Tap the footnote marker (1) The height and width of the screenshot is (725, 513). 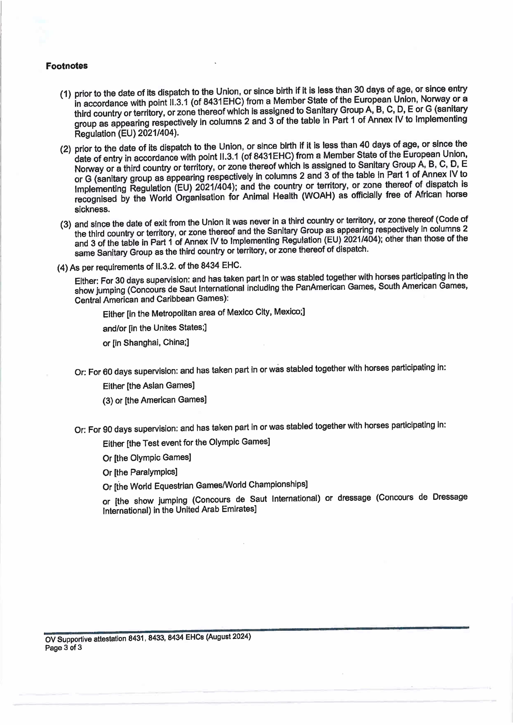point(65,94)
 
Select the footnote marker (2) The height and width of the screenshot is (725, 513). point(65,149)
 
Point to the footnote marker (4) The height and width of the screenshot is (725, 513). point(62,268)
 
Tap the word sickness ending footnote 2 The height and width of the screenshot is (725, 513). point(92,209)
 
